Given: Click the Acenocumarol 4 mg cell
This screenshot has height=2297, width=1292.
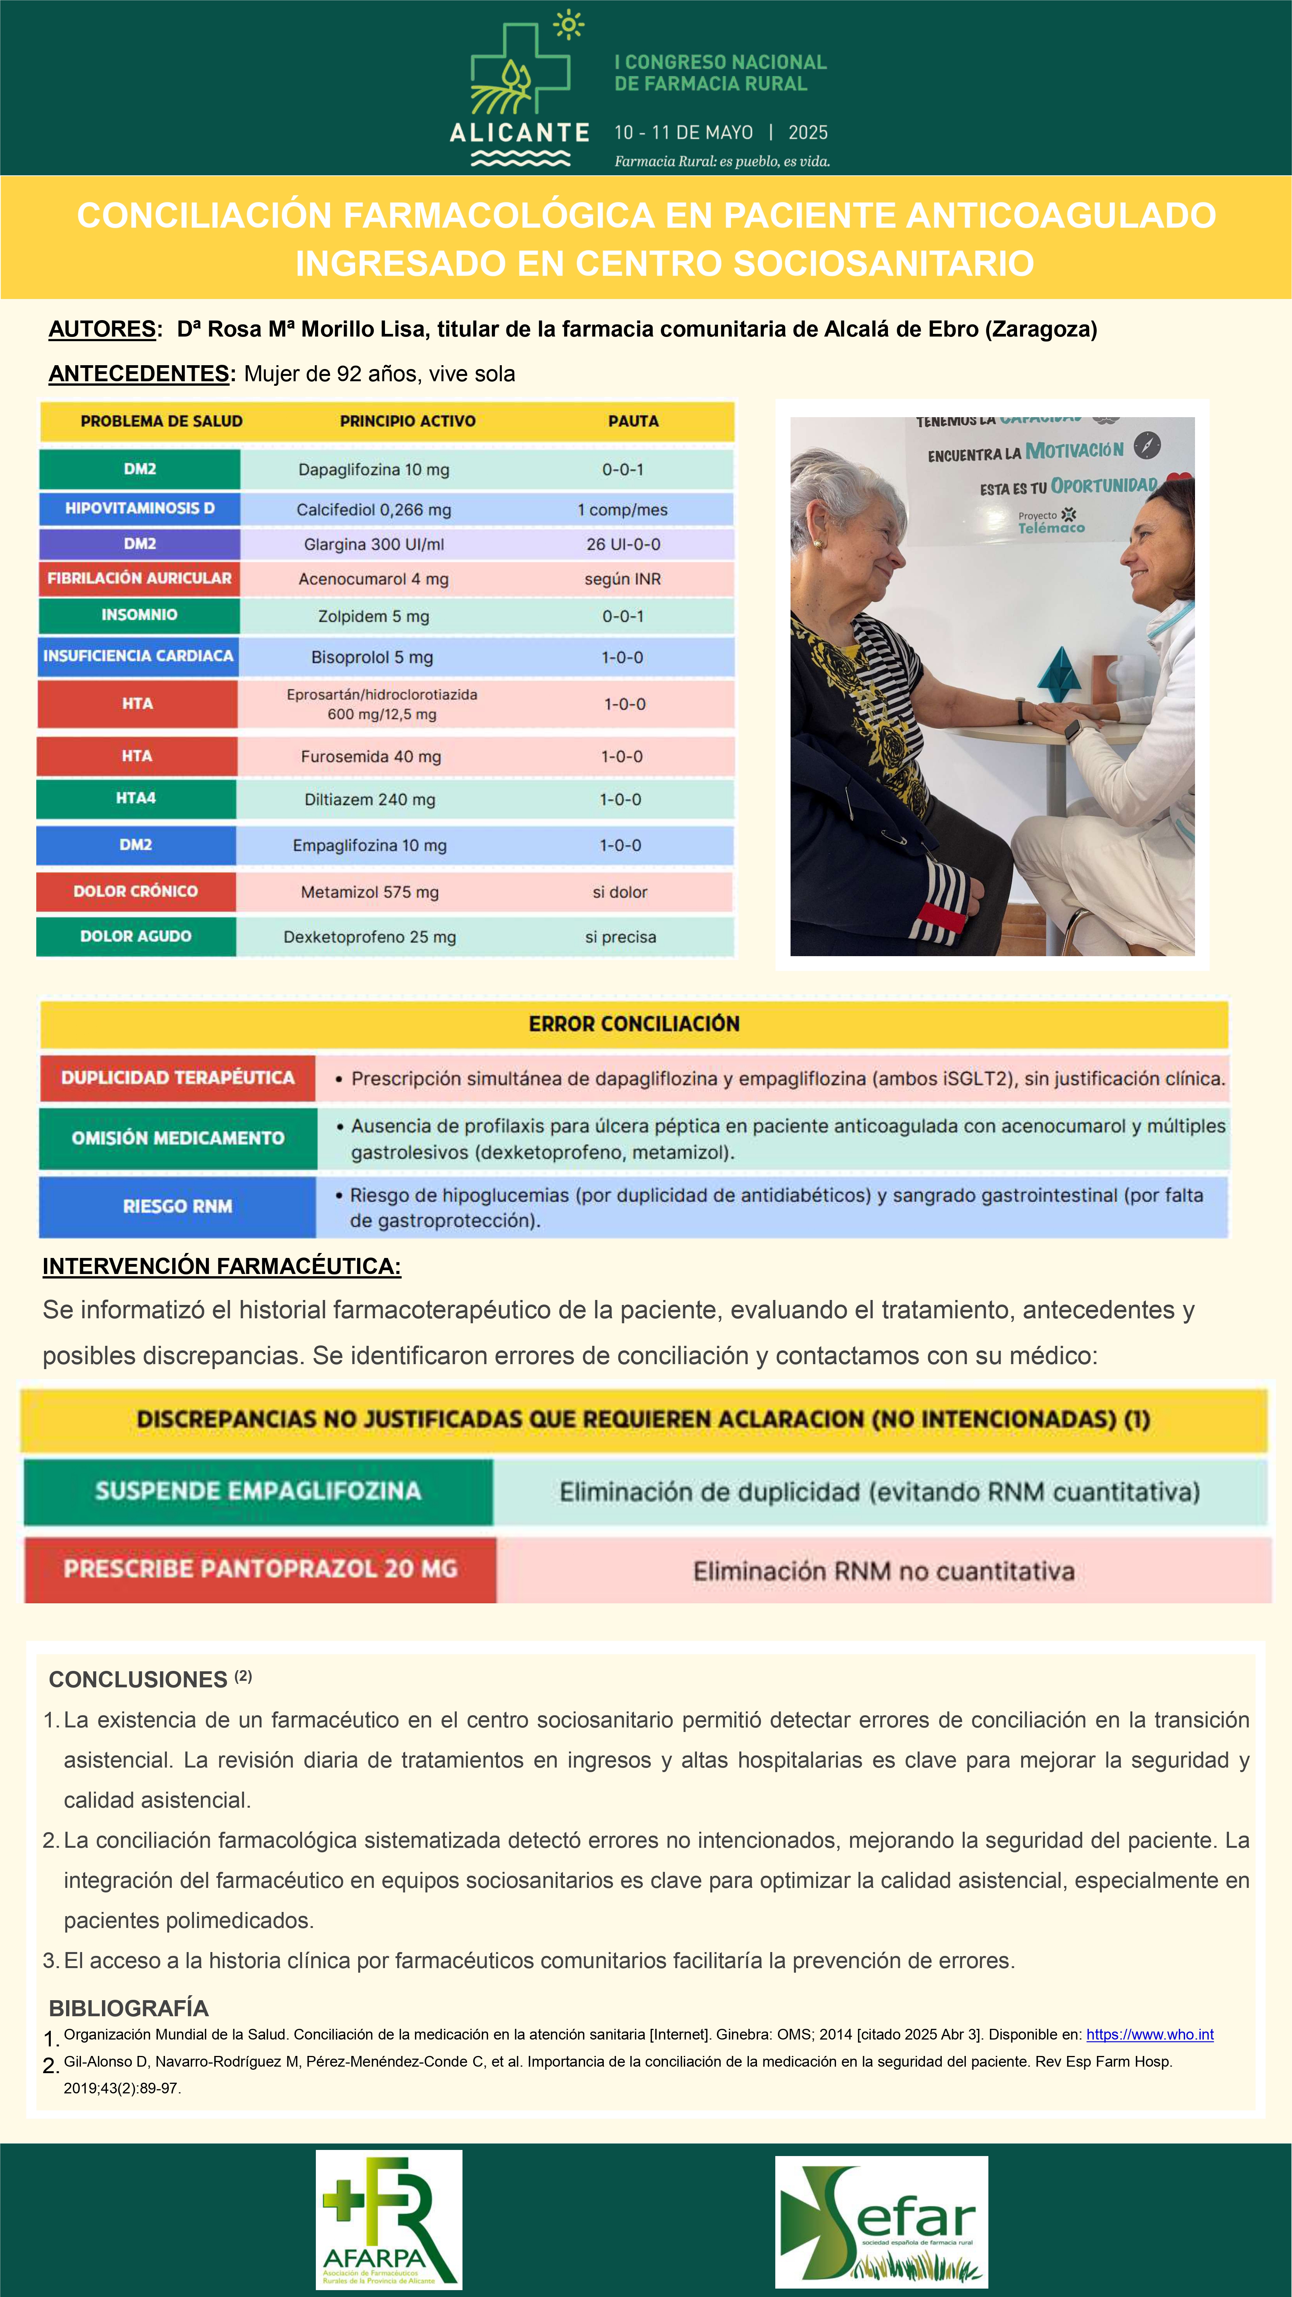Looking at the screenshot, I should click(x=373, y=579).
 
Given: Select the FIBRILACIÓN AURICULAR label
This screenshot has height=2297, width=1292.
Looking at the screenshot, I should click(x=139, y=578).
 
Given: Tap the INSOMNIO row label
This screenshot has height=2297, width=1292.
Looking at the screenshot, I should click(x=139, y=615).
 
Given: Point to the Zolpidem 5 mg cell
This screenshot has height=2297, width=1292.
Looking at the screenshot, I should click(x=373, y=616).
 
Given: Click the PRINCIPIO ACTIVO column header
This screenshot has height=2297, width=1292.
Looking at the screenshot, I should click(x=407, y=421).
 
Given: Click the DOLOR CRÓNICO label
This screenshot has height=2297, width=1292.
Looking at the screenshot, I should click(x=136, y=891).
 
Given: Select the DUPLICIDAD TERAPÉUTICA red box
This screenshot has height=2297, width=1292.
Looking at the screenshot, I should click(x=178, y=1078).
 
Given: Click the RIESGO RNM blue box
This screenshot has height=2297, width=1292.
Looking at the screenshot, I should click(x=178, y=1206).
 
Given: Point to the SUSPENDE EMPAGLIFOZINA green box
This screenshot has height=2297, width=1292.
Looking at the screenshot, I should click(x=258, y=1492).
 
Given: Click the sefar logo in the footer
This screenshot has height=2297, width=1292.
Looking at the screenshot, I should click(x=881, y=2221).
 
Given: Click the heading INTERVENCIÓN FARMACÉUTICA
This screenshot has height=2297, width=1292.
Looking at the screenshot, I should click(x=221, y=1266).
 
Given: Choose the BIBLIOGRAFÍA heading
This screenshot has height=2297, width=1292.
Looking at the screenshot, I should click(x=128, y=2008).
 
